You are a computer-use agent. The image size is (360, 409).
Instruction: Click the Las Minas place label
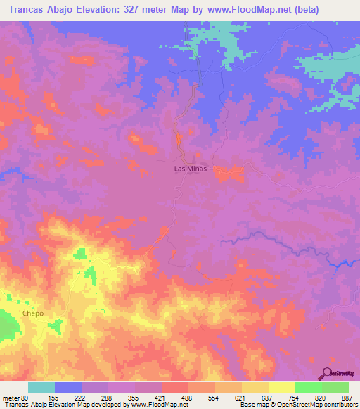pos(191,169)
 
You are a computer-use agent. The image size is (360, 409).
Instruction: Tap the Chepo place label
pos(33,313)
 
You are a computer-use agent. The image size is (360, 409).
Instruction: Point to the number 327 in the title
pos(160,10)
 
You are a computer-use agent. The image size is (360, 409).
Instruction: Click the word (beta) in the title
pos(299,10)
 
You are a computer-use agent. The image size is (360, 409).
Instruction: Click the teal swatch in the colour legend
pos(41,387)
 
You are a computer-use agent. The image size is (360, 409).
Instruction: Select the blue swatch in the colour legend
pos(68,387)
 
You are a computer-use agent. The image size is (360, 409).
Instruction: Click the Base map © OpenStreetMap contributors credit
pos(297,405)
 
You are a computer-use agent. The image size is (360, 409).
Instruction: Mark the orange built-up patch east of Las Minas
pos(229,173)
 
